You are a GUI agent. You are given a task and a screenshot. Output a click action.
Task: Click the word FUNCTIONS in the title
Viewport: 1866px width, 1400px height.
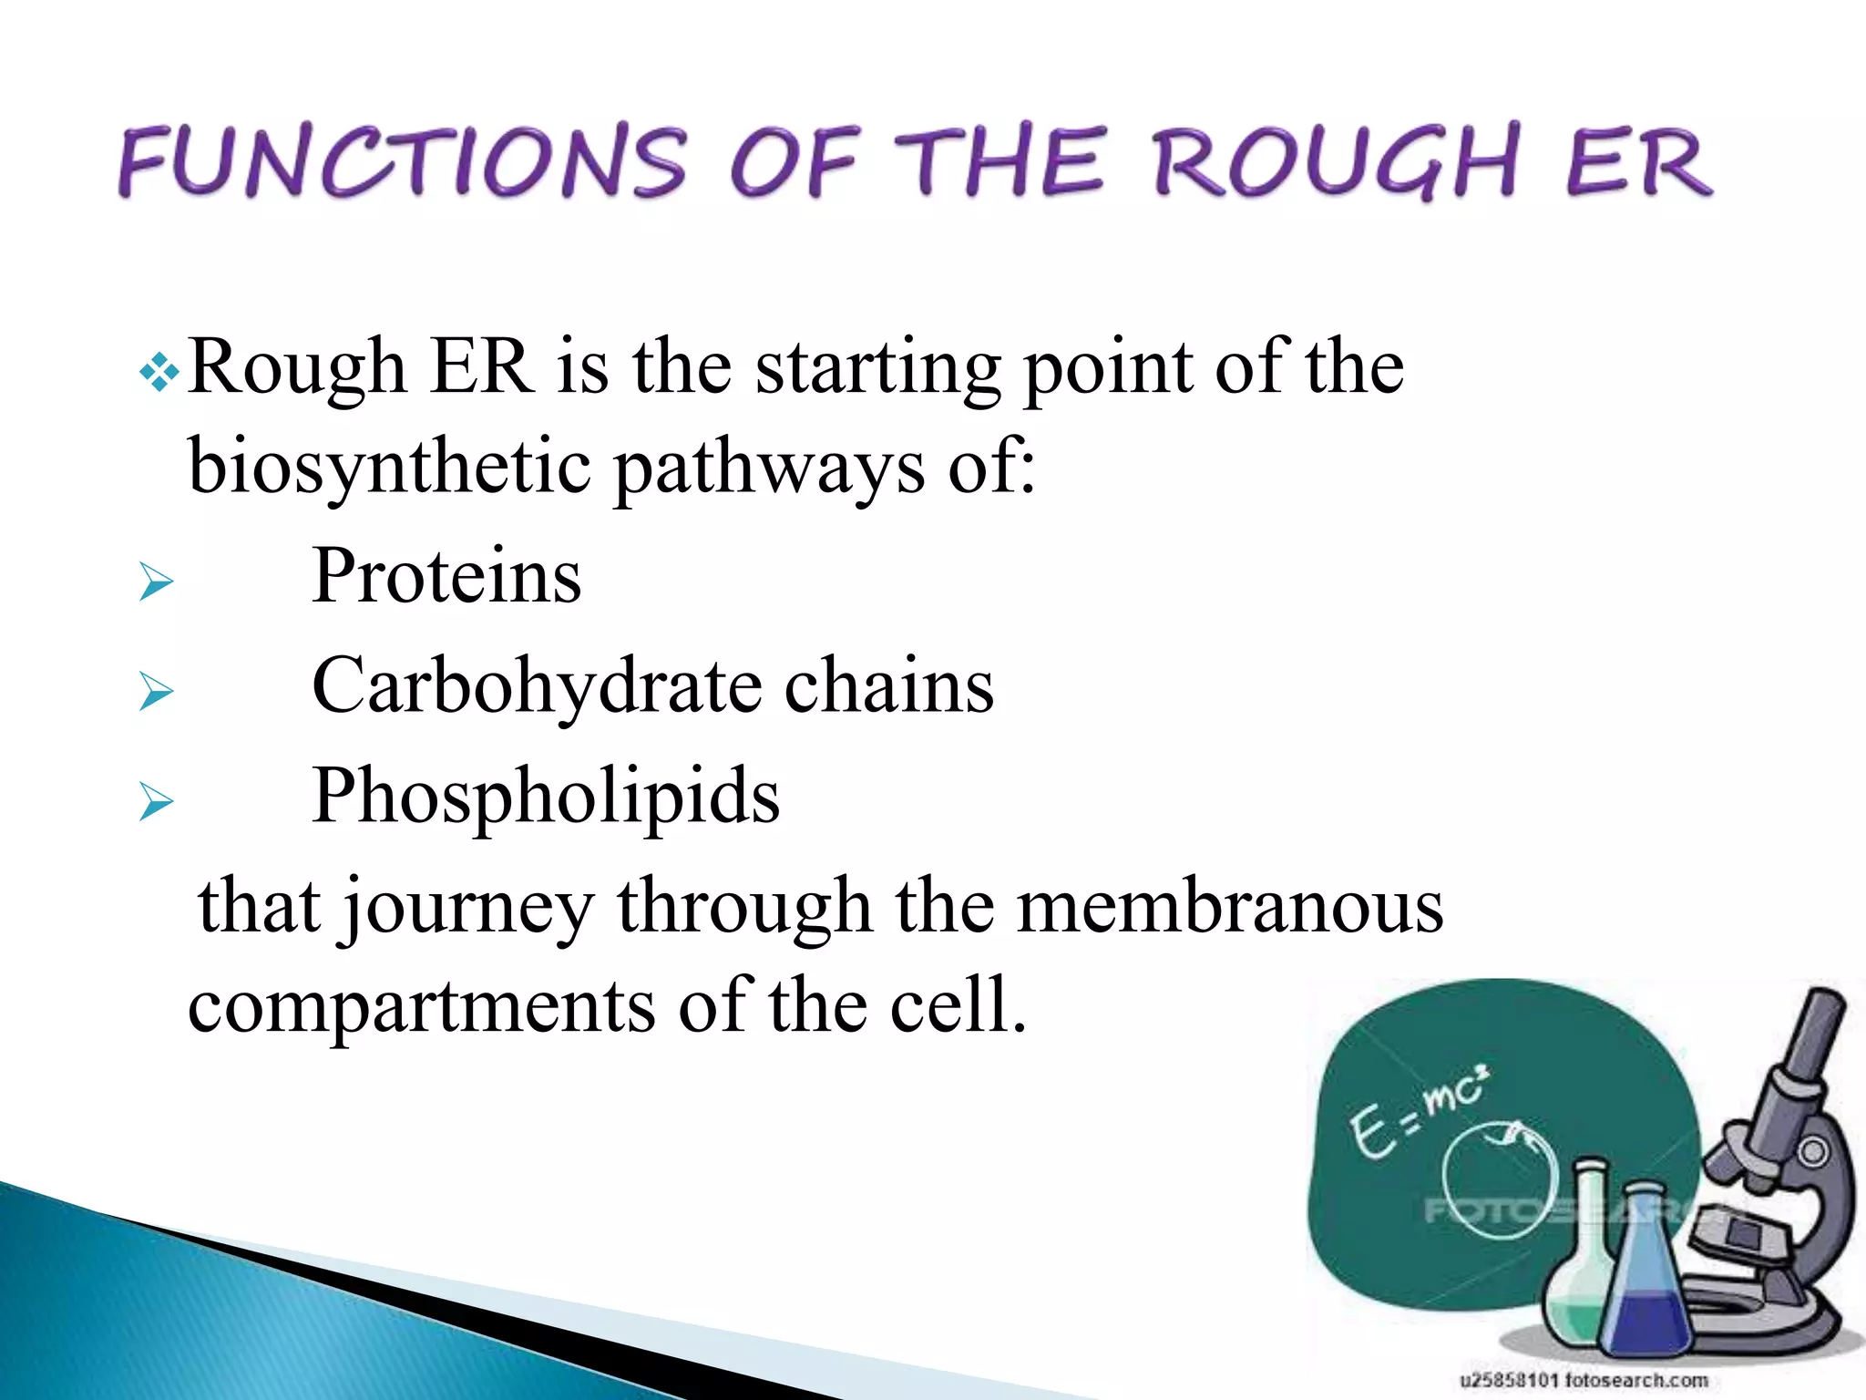pos(401,162)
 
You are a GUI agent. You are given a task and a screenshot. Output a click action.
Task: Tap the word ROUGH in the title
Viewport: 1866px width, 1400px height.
pos(1335,162)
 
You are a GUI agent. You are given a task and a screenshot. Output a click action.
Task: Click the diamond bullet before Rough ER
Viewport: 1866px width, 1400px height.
pos(159,373)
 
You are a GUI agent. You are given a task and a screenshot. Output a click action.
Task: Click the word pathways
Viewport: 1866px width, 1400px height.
pos(770,467)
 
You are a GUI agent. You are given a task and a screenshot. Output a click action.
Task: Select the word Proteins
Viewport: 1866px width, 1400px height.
pos(446,576)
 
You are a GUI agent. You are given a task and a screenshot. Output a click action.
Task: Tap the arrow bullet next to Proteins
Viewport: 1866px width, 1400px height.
pos(157,582)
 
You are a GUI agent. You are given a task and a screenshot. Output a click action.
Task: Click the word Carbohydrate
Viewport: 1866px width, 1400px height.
pos(538,685)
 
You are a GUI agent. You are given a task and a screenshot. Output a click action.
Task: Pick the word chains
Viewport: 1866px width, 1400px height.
pos(889,685)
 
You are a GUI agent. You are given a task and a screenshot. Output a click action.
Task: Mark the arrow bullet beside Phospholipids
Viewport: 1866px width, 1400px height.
pos(157,802)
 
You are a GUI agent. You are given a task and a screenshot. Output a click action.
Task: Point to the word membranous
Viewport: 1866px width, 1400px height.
pos(1229,906)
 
